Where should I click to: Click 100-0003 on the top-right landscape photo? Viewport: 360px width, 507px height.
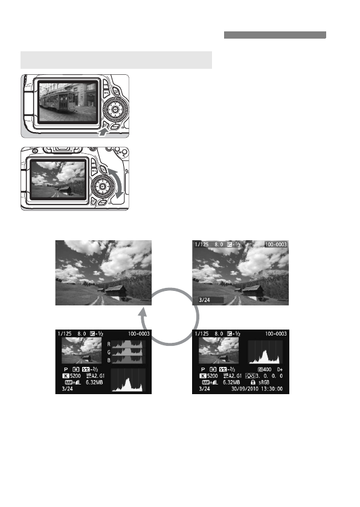click(x=276, y=244)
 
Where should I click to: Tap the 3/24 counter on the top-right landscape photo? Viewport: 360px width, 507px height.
click(x=201, y=298)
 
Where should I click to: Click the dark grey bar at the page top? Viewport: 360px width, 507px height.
click(x=275, y=36)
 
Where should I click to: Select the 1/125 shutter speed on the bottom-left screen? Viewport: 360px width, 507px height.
click(x=65, y=333)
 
